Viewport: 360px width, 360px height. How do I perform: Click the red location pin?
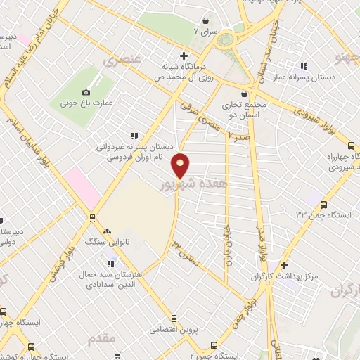pyautogui.click(x=181, y=166)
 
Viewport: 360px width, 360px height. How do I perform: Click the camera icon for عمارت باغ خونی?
pyautogui.click(x=86, y=92)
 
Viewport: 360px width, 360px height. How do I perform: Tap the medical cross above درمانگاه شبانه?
pyautogui.click(x=184, y=56)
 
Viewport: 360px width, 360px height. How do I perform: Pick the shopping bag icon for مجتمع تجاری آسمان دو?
pyautogui.click(x=243, y=94)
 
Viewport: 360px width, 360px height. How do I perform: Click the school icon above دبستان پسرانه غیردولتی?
pyautogui.click(x=134, y=136)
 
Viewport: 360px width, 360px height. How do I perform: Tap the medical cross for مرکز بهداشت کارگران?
pyautogui.click(x=285, y=265)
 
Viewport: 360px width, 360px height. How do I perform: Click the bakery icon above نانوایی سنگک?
pyautogui.click(x=107, y=232)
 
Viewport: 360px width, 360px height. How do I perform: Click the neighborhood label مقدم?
pyautogui.click(x=101, y=339)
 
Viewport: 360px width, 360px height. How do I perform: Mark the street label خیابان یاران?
pyautogui.click(x=227, y=241)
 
